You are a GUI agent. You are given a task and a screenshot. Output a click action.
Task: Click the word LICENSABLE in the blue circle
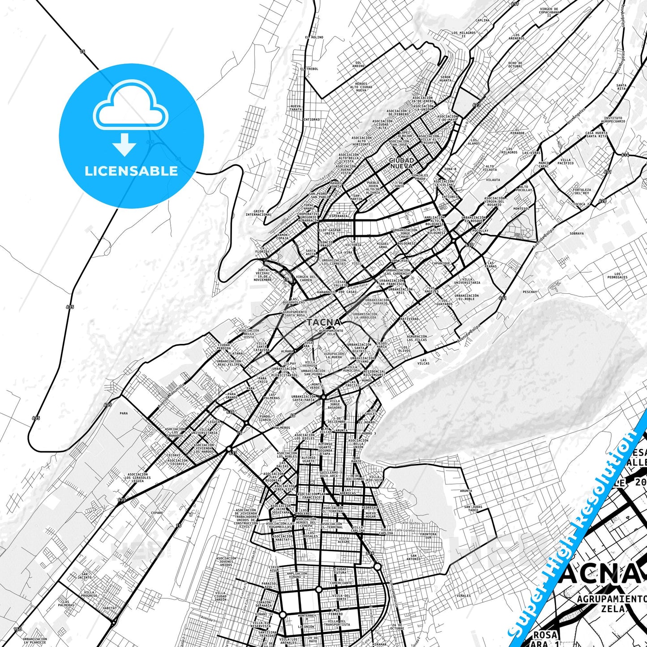point(131,171)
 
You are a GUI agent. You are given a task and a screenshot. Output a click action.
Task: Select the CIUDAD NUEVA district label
point(402,163)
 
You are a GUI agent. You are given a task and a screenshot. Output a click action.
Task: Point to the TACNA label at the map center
point(324,322)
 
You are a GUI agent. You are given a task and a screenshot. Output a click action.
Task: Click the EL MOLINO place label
point(314,38)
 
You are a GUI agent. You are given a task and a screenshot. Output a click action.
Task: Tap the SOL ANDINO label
point(358,64)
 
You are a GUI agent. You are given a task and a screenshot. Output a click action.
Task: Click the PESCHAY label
point(530,292)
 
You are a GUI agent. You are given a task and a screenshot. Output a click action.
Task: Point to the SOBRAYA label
point(577,233)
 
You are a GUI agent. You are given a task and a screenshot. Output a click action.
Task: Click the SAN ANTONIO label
point(414,557)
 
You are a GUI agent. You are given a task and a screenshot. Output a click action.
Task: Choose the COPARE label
point(157,513)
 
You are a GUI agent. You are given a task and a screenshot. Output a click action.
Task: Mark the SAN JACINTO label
point(84,576)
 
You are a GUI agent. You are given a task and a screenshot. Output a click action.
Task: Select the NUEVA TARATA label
point(296,108)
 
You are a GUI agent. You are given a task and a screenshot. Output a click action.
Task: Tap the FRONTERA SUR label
point(428,536)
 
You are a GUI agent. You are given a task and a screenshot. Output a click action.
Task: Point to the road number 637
point(232,453)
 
